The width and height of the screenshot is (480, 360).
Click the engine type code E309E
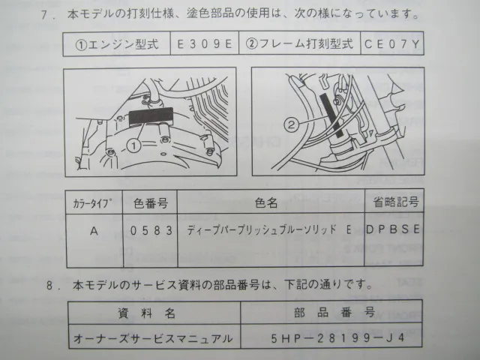[205, 44]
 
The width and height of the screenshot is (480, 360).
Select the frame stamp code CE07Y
[391, 44]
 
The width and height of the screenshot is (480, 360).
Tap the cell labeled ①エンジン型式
[117, 45]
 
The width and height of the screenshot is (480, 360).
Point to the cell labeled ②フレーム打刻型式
[299, 44]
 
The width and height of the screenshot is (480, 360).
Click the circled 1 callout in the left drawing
[133, 145]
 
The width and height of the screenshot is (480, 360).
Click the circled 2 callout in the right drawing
[291, 124]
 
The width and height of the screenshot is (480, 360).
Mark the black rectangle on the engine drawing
[151, 116]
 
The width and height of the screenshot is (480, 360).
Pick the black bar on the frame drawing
[331, 115]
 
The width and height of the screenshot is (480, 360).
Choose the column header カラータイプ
[92, 203]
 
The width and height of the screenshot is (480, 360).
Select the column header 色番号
[151, 203]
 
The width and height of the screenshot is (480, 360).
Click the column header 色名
[266, 202]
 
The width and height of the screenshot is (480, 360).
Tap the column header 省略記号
[395, 202]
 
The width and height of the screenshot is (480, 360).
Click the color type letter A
[94, 230]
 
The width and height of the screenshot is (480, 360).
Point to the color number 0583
[151, 230]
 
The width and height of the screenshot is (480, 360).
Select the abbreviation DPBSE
[393, 229]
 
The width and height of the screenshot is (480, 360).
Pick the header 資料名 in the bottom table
[147, 313]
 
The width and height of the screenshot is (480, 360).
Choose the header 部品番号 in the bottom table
[334, 312]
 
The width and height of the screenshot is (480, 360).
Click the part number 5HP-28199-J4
[337, 338]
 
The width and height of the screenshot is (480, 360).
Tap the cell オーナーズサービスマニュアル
[153, 338]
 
